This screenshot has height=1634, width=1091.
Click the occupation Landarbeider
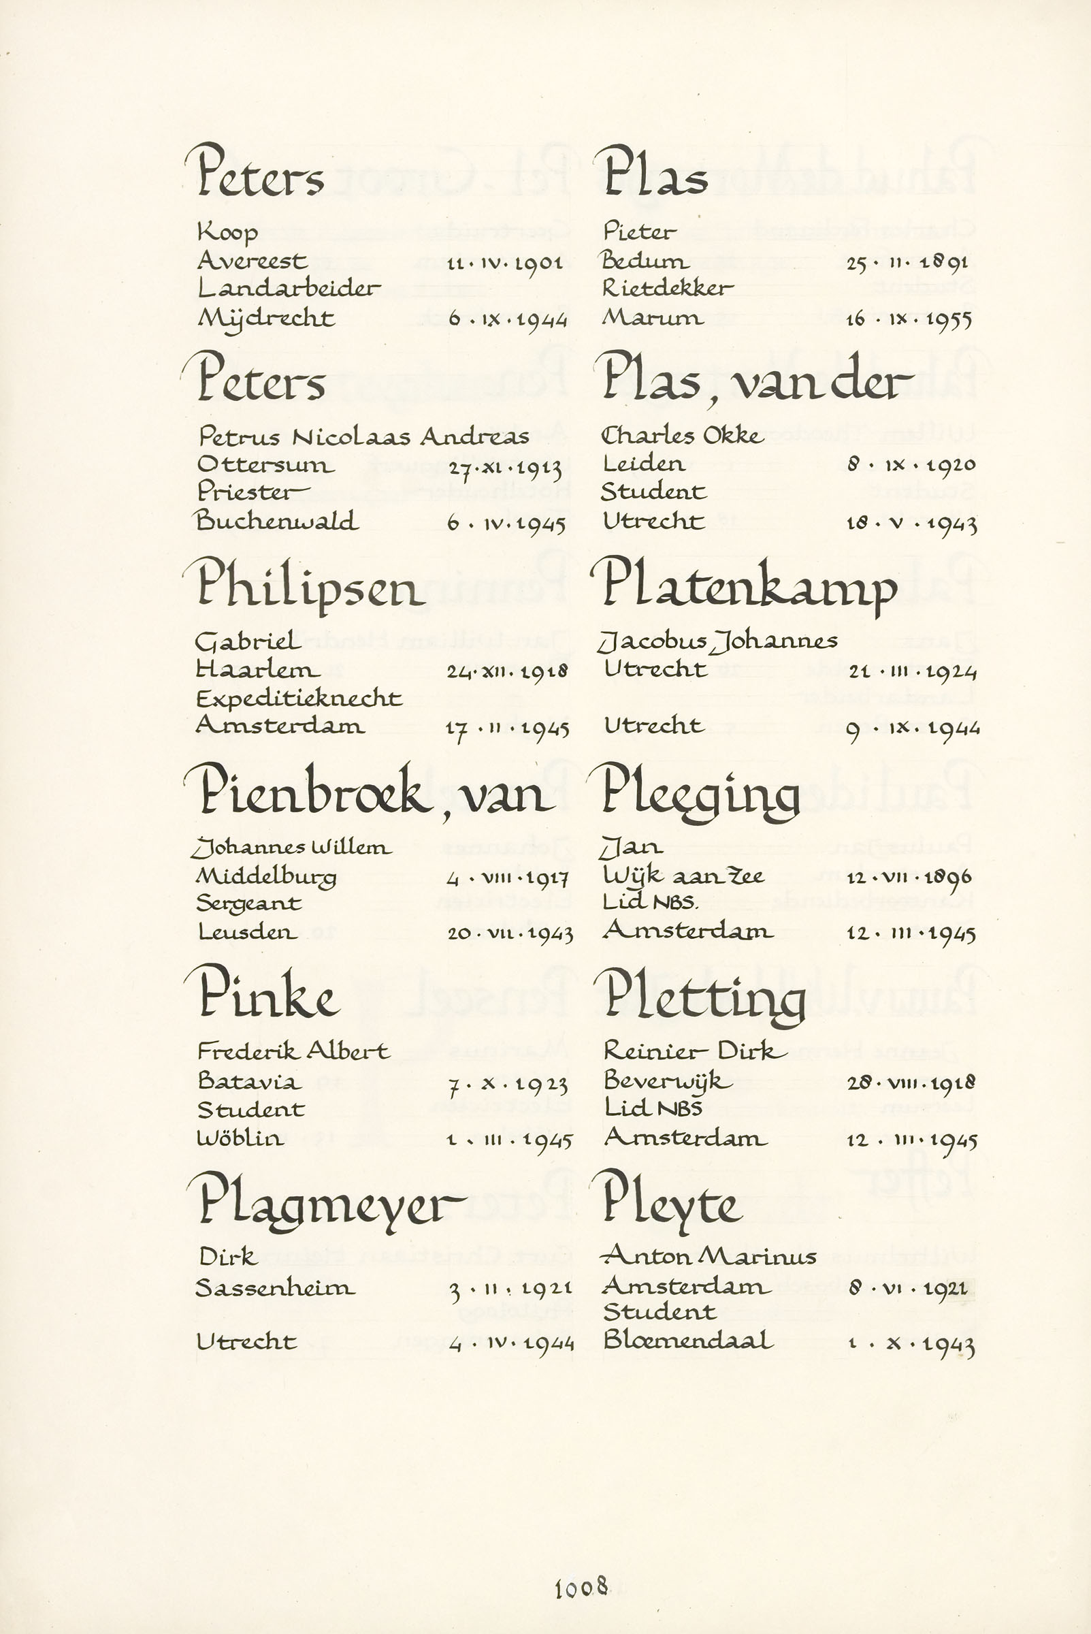(289, 288)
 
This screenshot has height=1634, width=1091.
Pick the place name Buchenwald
(277, 522)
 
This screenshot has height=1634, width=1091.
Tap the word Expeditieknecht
(299, 699)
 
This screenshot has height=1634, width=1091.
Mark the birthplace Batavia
(249, 1081)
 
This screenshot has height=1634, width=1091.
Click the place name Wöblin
(240, 1138)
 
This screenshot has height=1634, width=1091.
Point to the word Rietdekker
(667, 288)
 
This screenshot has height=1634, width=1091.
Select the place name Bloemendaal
(687, 1341)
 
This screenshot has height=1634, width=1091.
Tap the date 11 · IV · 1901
(504, 263)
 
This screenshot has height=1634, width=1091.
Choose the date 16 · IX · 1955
(909, 320)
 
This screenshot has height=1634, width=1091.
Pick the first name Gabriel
(248, 641)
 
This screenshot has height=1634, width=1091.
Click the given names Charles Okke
(682, 436)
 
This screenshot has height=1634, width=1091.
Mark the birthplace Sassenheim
(275, 1288)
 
